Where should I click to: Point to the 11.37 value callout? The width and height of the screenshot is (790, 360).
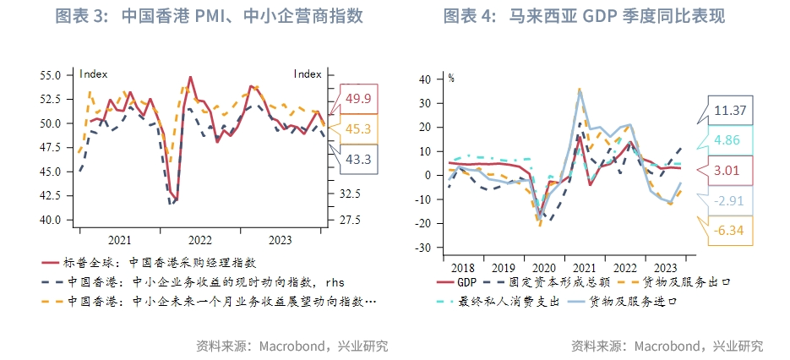(728, 111)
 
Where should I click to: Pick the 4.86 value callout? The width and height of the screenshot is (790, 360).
(728, 140)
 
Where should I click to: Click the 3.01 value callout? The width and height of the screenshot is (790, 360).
(728, 171)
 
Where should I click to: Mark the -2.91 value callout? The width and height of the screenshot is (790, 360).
(728, 201)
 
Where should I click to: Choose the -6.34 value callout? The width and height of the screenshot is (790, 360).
(728, 230)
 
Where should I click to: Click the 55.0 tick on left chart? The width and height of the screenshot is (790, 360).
(51, 75)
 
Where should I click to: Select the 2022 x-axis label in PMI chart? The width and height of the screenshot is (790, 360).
(199, 240)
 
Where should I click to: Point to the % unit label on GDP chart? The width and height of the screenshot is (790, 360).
(451, 78)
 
